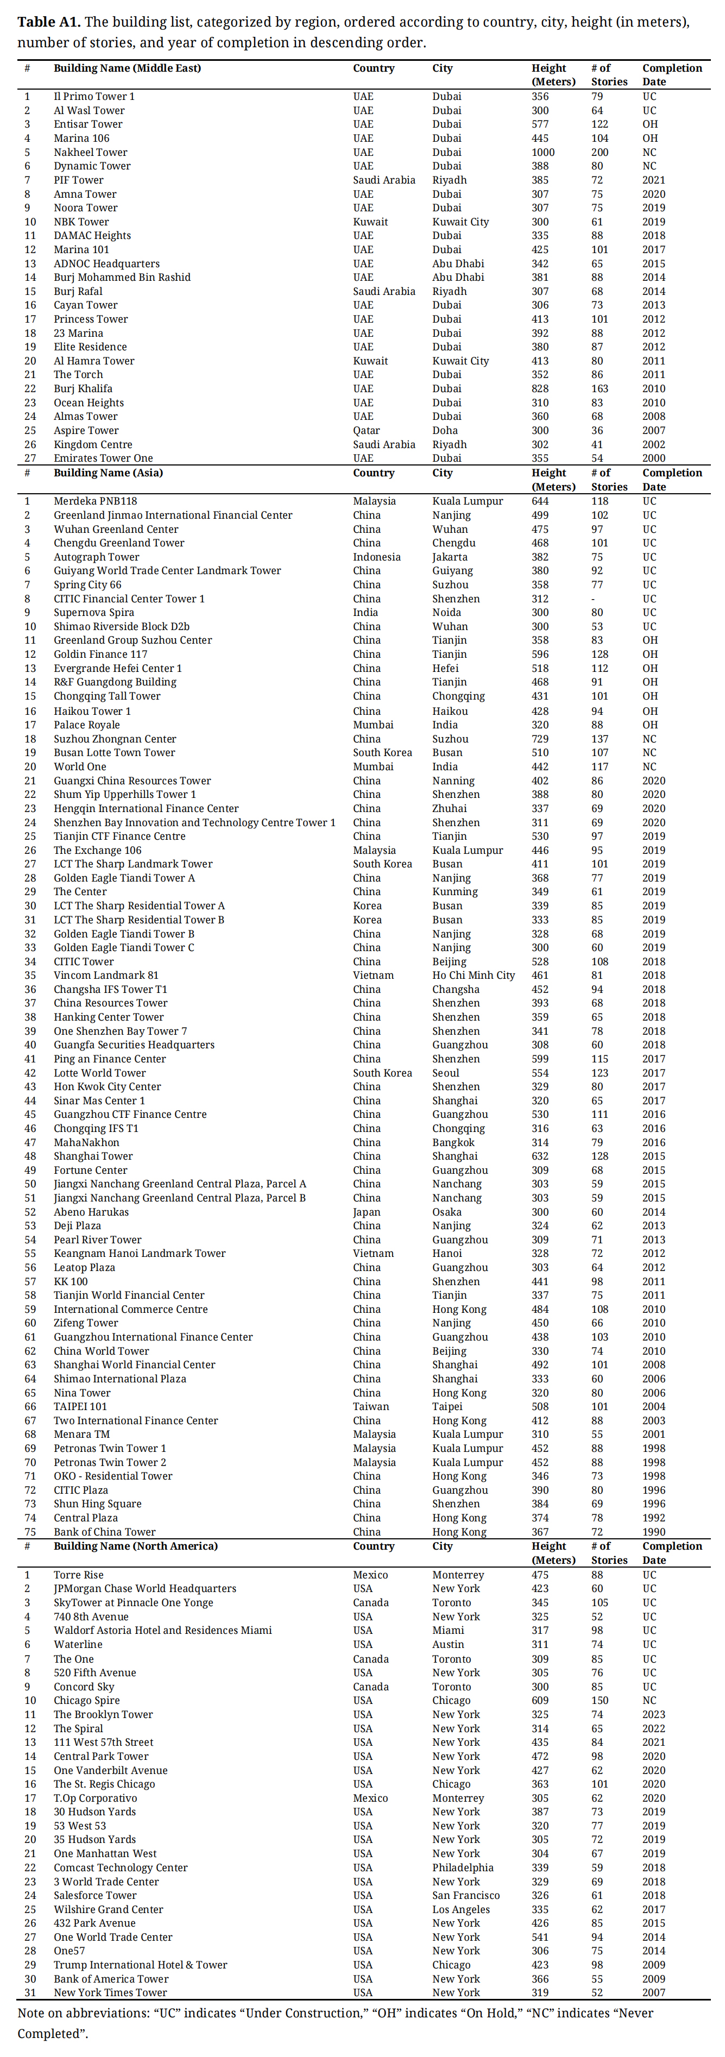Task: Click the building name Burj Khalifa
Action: pyautogui.click(x=83, y=389)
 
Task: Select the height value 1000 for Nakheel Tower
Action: pyautogui.click(x=543, y=153)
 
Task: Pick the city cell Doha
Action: pyautogui.click(x=445, y=430)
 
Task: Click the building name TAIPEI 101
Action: pyautogui.click(x=80, y=1407)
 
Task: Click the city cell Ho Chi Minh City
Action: pyautogui.click(x=474, y=975)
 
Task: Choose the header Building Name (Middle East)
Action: pyautogui.click(x=127, y=68)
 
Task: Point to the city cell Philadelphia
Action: pyautogui.click(x=463, y=1868)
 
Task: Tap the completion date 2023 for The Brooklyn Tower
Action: pyautogui.click(x=653, y=1714)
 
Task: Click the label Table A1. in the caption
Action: pyautogui.click(x=47, y=22)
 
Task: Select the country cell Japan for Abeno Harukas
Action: pyautogui.click(x=367, y=1212)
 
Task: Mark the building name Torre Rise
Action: pyautogui.click(x=78, y=1575)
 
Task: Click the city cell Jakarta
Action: pyautogui.click(x=450, y=557)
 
